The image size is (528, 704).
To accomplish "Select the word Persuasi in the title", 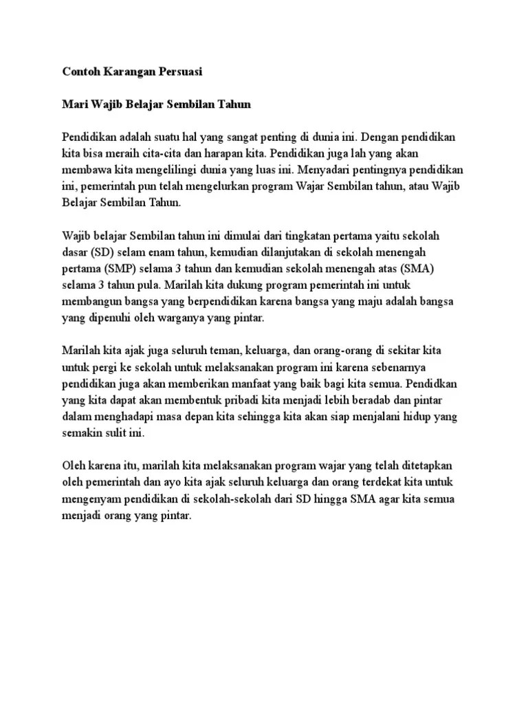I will [x=181, y=71].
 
